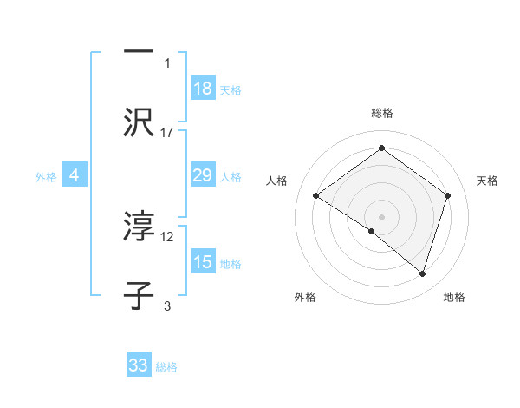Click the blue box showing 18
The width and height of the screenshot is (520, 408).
pyautogui.click(x=203, y=88)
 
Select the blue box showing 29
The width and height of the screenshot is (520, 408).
pyautogui.click(x=203, y=175)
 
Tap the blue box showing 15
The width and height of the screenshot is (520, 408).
pyautogui.click(x=203, y=262)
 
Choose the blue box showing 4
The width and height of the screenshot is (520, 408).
pyautogui.click(x=75, y=175)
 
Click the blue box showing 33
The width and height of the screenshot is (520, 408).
pyautogui.click(x=139, y=365)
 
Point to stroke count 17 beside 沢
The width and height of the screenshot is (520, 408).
pyautogui.click(x=167, y=132)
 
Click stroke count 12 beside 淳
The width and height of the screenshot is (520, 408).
pyautogui.click(x=167, y=236)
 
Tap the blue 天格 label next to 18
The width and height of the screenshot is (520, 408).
pyautogui.click(x=231, y=89)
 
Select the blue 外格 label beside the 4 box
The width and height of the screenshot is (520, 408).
pyautogui.click(x=46, y=176)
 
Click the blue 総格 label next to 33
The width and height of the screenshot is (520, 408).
pyautogui.click(x=166, y=366)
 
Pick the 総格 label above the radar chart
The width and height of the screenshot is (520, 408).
pyautogui.click(x=381, y=113)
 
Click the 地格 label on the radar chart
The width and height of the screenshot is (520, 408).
pyautogui.click(x=454, y=297)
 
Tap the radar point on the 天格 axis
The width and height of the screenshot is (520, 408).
pyautogui.click(x=447, y=196)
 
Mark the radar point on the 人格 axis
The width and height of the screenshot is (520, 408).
pyautogui.click(x=316, y=196)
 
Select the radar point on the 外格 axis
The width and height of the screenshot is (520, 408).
pyautogui.click(x=372, y=231)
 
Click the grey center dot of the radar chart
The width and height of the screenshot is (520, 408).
pyautogui.click(x=381, y=216)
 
